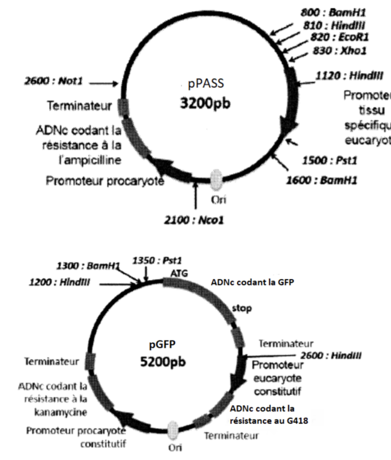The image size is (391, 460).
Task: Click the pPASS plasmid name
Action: click(x=202, y=84)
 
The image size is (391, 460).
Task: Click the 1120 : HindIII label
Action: click(x=349, y=75)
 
